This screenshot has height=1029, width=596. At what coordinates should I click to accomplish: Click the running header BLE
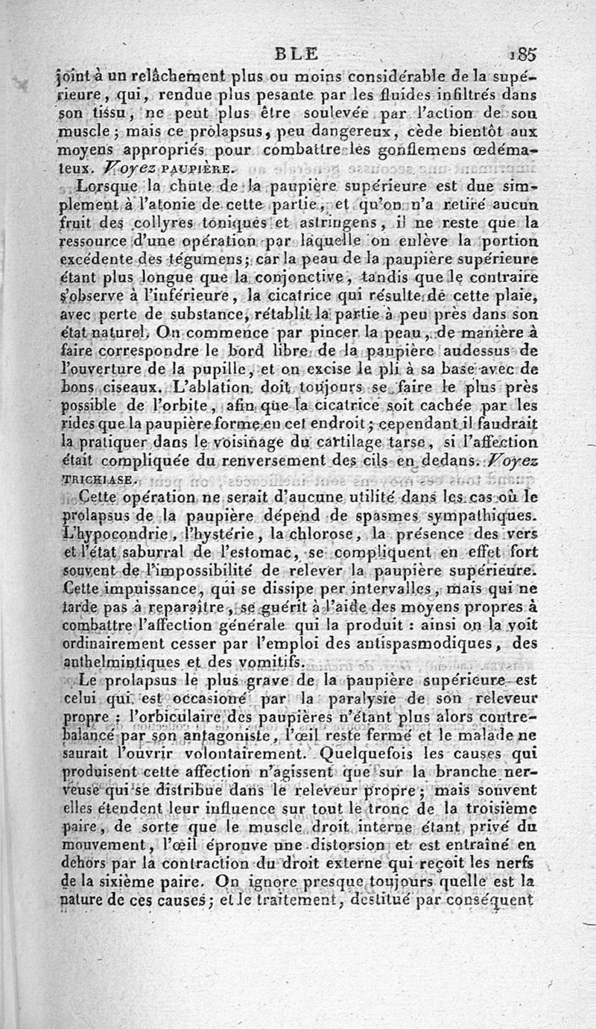296,53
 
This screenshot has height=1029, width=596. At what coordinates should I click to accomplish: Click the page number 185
524,54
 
